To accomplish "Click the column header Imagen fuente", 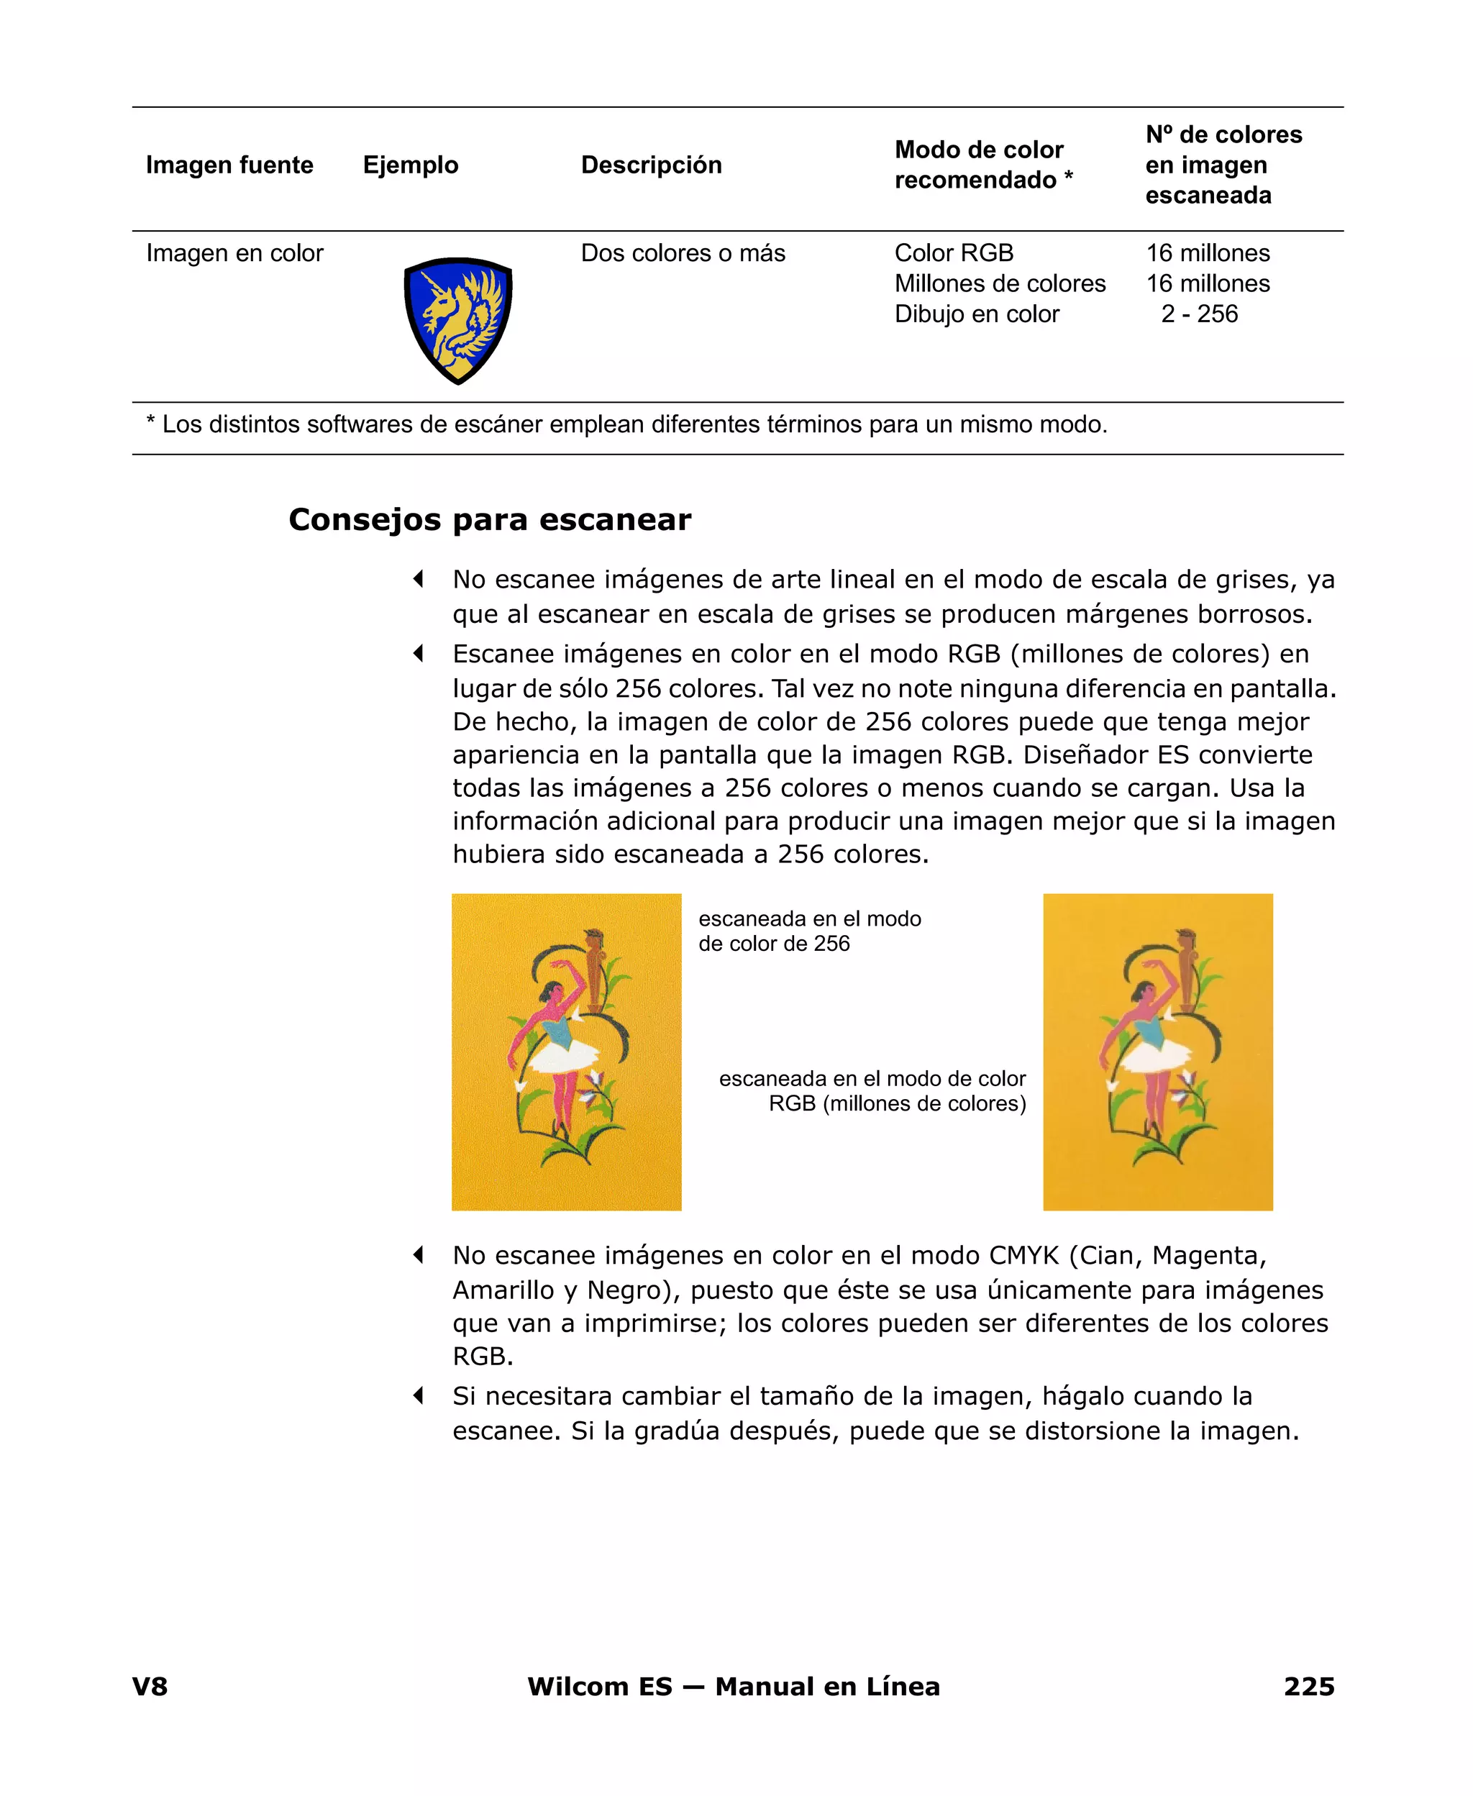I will click(229, 165).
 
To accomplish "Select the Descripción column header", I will click(651, 165).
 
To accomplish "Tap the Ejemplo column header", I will click(411, 165).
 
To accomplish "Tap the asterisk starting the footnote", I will click(151, 421).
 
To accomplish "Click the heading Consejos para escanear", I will click(490, 519).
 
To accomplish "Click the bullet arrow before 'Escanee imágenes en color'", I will click(419, 653).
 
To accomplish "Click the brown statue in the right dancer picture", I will click(1185, 967).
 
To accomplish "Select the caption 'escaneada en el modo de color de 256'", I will click(808, 931).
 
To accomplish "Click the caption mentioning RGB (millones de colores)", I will click(872, 1091).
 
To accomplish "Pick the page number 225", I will click(1308, 1687).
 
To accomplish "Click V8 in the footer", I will click(150, 1687).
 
